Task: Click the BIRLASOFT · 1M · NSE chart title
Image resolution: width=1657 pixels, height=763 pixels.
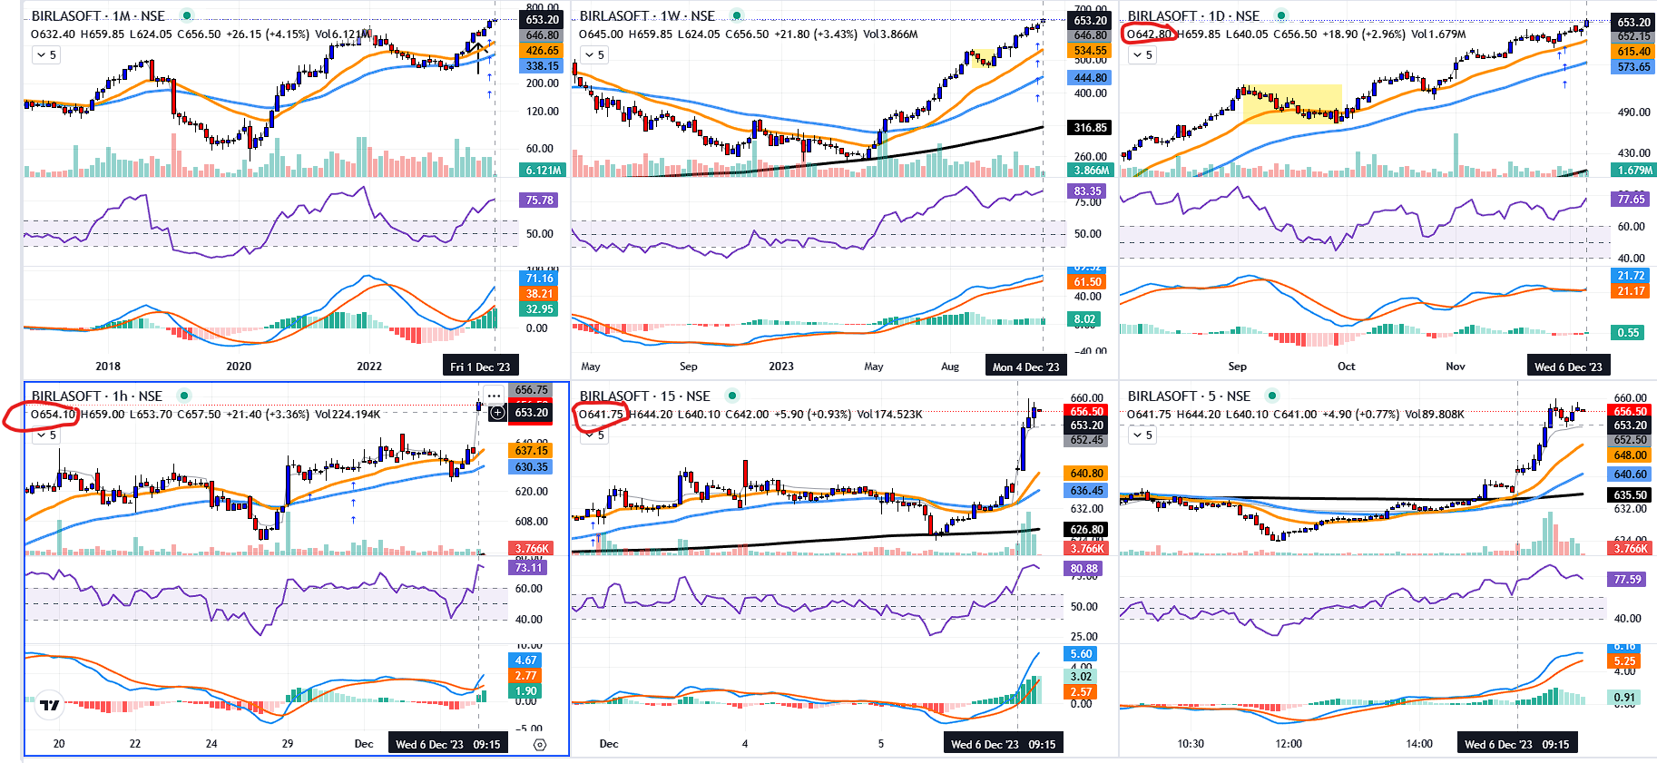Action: (x=98, y=15)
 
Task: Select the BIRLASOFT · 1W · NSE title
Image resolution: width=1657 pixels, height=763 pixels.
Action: (x=647, y=15)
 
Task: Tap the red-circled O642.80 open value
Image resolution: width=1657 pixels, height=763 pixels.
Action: (x=1150, y=34)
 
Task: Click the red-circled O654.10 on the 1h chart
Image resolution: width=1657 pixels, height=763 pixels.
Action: (x=54, y=415)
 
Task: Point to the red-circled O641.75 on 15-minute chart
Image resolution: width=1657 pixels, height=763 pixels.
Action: (x=602, y=415)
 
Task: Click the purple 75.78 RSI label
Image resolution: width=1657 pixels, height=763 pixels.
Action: (x=539, y=201)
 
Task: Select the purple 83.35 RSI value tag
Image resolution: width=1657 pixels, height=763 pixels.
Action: (x=1087, y=191)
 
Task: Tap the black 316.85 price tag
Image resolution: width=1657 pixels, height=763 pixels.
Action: (x=1090, y=128)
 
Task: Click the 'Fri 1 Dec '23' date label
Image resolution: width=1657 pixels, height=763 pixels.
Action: (x=480, y=367)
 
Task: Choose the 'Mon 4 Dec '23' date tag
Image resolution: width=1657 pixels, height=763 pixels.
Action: (x=1025, y=367)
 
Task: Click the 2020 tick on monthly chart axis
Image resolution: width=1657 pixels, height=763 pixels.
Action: (x=239, y=367)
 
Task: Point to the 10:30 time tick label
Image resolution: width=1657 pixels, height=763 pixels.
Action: (x=1191, y=744)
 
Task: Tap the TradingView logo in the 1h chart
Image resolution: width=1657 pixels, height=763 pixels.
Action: (x=50, y=705)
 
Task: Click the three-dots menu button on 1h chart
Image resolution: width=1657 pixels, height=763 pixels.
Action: (x=494, y=396)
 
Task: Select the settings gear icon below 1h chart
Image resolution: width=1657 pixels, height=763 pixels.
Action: (x=540, y=745)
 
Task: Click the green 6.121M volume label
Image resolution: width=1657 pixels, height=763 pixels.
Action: (x=543, y=171)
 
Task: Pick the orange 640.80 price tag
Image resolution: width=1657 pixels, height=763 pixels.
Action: (x=1086, y=473)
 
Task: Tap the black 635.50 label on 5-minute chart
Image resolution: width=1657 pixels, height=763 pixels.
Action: (x=1630, y=495)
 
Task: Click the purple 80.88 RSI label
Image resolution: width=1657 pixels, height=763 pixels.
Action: (x=1083, y=569)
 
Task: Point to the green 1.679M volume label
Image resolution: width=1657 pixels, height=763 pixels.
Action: (x=1634, y=171)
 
